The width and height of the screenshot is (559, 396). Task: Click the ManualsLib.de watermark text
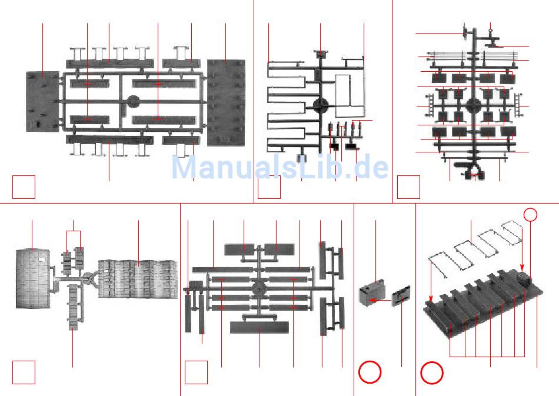(x=279, y=168)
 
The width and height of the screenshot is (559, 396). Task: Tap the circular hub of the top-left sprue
(x=134, y=102)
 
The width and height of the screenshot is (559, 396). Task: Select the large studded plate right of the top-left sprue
(x=226, y=101)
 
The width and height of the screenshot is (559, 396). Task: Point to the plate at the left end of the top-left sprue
(x=42, y=102)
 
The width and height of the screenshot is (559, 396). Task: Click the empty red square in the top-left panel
(x=24, y=187)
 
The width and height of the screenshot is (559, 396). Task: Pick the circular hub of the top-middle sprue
(x=321, y=107)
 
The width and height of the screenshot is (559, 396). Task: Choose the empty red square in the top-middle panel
(x=269, y=187)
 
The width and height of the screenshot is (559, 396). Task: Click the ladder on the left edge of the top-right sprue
(x=430, y=107)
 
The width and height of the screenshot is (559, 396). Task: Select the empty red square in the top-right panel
(x=408, y=187)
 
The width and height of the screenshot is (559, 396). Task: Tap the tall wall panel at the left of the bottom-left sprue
(x=33, y=278)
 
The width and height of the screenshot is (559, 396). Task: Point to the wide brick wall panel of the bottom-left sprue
(x=138, y=278)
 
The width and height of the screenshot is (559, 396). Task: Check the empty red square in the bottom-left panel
(x=24, y=372)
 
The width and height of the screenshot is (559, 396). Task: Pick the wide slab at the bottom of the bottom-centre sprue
(x=259, y=327)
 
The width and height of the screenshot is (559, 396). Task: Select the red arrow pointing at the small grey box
(x=383, y=301)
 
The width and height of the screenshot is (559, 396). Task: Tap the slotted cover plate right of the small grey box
(x=401, y=296)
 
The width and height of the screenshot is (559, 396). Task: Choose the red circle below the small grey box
(x=370, y=372)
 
